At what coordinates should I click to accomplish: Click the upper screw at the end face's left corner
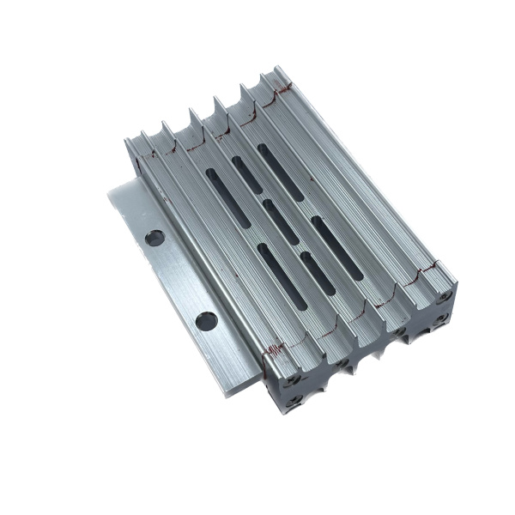pyautogui.click(x=294, y=379)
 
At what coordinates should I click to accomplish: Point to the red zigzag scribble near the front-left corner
pyautogui.click(x=276, y=348)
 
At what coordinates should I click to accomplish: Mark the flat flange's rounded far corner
pyautogui.click(x=112, y=190)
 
